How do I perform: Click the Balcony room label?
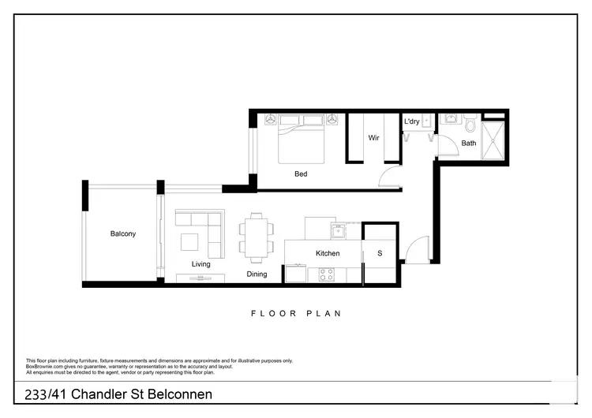(123, 234)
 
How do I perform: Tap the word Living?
(201, 264)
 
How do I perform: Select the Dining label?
(256, 274)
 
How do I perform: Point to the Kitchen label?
(328, 253)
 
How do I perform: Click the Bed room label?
(301, 174)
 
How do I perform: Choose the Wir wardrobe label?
(374, 138)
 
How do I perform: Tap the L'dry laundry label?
(412, 121)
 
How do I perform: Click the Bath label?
(469, 143)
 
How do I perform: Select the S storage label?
(380, 253)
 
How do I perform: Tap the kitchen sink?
(339, 231)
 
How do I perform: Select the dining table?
(255, 237)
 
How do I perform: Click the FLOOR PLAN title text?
(296, 313)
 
